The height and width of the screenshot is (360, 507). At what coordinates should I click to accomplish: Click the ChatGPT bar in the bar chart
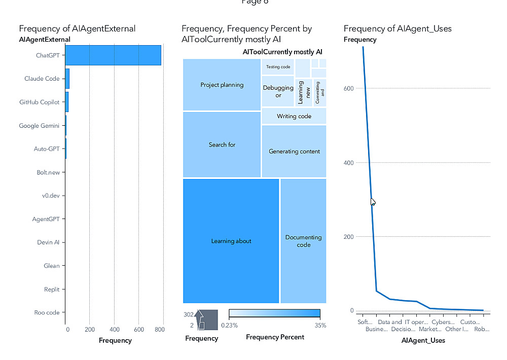click(x=113, y=55)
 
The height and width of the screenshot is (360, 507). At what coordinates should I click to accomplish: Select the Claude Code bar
click(x=67, y=79)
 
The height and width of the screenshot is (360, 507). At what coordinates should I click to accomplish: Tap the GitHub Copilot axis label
click(x=40, y=102)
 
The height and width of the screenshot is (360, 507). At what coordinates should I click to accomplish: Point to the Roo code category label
click(x=47, y=312)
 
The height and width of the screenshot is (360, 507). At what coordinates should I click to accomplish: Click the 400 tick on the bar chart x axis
click(x=115, y=330)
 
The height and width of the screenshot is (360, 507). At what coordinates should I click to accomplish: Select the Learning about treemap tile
click(x=231, y=241)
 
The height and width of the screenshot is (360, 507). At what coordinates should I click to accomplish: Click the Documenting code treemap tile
click(x=303, y=241)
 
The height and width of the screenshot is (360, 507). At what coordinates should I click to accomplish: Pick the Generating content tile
click(x=294, y=151)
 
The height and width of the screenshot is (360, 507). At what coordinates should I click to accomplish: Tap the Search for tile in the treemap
click(x=222, y=145)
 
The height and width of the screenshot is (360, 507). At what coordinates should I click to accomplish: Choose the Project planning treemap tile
click(x=222, y=85)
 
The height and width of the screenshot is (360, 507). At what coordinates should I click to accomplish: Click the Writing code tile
click(x=294, y=116)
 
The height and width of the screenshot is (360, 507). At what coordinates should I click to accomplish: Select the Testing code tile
click(x=278, y=67)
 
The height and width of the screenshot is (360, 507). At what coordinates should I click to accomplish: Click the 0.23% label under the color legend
click(x=230, y=325)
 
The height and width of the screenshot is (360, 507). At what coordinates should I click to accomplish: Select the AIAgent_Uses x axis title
click(x=423, y=340)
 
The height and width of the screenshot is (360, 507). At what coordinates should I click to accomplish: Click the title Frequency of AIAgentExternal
click(x=77, y=28)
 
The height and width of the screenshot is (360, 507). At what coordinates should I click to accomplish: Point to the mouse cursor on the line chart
click(x=373, y=201)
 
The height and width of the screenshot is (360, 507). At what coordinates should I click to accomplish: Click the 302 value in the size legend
click(x=189, y=314)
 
